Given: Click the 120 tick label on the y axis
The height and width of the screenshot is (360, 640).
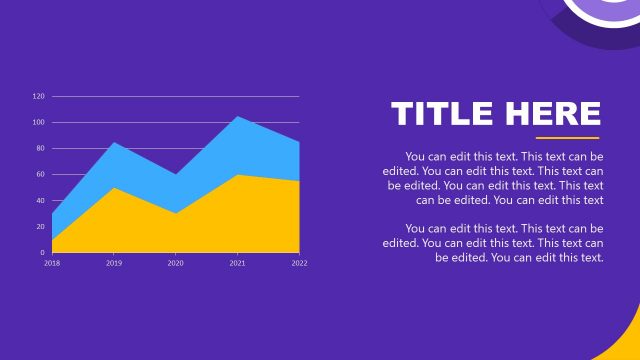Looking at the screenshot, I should pos(39,97).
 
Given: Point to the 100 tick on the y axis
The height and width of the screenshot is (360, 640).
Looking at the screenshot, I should pos(39,123).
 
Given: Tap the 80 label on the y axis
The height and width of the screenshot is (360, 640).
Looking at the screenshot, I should pos(40,149).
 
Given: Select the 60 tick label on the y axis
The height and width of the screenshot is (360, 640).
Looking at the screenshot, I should pos(40,175).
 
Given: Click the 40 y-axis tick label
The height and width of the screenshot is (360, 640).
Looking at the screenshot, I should pos(40,201).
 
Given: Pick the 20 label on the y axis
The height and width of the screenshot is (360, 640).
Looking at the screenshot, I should pos(40,227).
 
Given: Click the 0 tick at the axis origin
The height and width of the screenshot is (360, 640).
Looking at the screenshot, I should pos(42,253).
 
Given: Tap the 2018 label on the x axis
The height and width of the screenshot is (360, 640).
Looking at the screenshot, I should pos(52,263).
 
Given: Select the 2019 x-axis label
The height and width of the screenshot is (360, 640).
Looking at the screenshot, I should pos(114,263).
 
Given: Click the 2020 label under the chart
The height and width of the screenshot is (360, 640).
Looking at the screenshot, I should pos(175,263).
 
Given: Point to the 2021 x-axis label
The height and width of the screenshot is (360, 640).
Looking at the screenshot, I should pos(237,263).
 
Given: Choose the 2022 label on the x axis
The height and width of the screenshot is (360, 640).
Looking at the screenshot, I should pos(299,263).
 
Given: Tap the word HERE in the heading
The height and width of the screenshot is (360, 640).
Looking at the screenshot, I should pos(553,114).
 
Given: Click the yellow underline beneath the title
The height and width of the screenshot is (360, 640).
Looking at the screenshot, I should pos(567,138).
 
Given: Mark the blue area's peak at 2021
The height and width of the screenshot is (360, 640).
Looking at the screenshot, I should pos(237,118).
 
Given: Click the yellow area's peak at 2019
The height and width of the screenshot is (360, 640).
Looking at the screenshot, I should pos(114,189).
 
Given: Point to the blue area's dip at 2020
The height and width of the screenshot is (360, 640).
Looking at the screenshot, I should pos(175,176).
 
